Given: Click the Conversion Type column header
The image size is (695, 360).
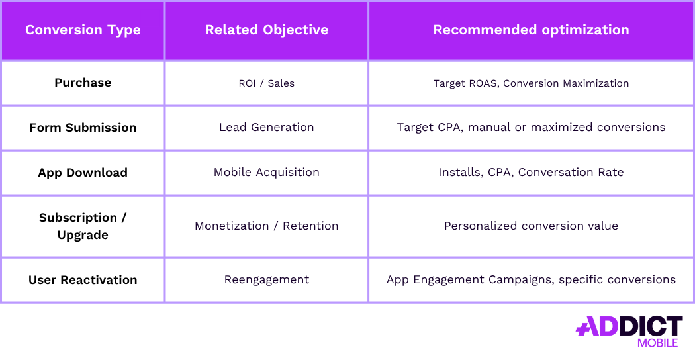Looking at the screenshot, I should [83, 30].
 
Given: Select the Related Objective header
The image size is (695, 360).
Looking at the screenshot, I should [266, 30].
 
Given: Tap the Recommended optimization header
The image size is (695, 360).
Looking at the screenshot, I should [531, 30].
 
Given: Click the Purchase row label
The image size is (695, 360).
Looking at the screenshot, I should [83, 83].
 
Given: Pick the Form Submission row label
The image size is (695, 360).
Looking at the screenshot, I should [83, 128].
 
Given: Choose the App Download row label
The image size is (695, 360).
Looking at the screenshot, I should [83, 173].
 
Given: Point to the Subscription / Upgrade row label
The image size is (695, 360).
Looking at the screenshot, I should [83, 226].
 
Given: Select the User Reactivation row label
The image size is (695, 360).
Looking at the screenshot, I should [83, 280].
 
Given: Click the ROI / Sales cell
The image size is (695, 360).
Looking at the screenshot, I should [266, 83].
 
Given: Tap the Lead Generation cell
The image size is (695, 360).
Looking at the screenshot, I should [266, 128].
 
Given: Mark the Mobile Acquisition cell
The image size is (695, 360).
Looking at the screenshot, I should [266, 173].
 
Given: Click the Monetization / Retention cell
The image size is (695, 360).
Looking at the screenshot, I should [266, 226].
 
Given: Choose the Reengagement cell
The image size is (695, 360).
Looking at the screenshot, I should [266, 280].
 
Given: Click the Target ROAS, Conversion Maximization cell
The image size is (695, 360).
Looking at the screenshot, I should [531, 83].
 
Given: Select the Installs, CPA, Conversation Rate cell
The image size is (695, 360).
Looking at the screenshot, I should [531, 173].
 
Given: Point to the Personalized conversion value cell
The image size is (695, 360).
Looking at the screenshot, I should [531, 226].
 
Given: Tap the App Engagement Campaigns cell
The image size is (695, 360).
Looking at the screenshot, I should [531, 280].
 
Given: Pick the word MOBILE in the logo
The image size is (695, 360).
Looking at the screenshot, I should [657, 343].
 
